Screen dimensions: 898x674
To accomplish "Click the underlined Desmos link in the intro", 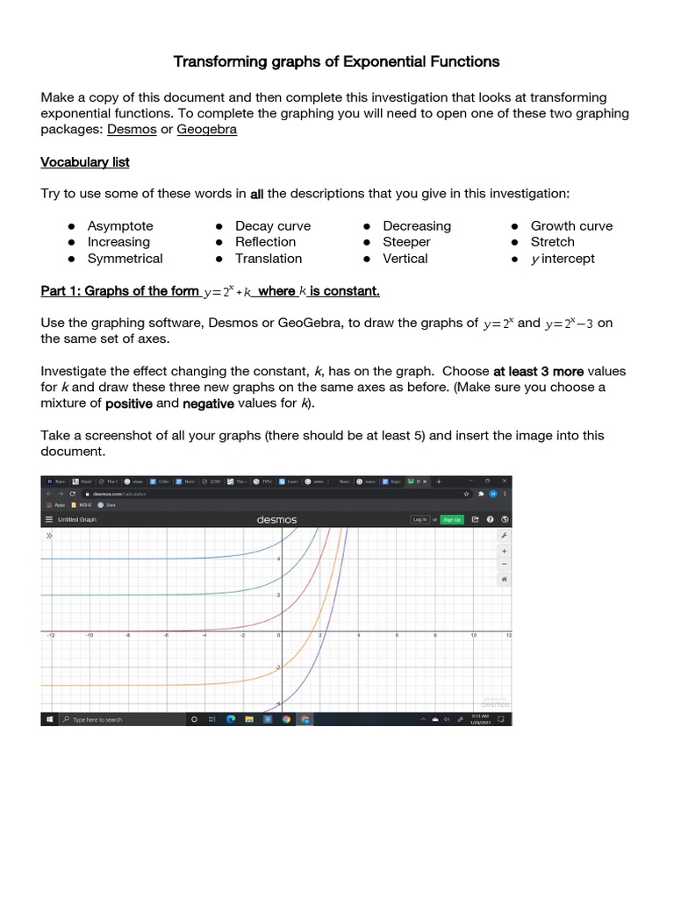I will pyautogui.click(x=132, y=130).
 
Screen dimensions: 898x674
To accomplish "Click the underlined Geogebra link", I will pyautogui.click(x=207, y=130).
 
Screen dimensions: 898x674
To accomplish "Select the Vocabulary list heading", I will pyautogui.click(x=85, y=162).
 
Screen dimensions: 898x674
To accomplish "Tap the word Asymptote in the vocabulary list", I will pyautogui.click(x=120, y=225).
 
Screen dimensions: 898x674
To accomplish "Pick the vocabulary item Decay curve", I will pyautogui.click(x=273, y=225).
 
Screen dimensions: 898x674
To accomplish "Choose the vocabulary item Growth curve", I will pyautogui.click(x=571, y=225).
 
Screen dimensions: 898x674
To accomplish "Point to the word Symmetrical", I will pyautogui.click(x=125, y=259).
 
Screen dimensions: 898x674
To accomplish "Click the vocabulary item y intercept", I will pyautogui.click(x=563, y=259).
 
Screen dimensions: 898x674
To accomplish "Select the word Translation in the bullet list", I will pyautogui.click(x=269, y=259).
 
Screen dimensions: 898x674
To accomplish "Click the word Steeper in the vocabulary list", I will pyautogui.click(x=406, y=242).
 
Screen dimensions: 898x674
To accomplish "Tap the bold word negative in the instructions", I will pyautogui.click(x=208, y=403).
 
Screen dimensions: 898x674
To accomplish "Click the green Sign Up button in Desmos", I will pyautogui.click(x=451, y=519).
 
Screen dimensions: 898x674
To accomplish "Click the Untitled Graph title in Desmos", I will pyautogui.click(x=77, y=519).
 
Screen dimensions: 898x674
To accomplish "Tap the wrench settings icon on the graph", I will pyautogui.click(x=504, y=535).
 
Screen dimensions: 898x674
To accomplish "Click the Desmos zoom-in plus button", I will pyautogui.click(x=504, y=550).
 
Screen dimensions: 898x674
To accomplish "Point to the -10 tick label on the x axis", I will pyautogui.click(x=89, y=636).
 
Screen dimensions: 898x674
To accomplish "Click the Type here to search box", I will pyautogui.click(x=114, y=719).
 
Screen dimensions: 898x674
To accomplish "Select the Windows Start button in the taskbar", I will pyautogui.click(x=48, y=719).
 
